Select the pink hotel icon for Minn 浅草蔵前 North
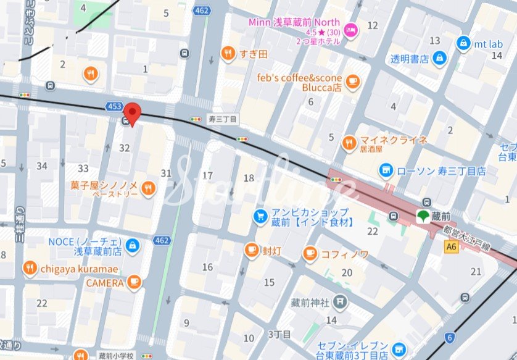point(350,30)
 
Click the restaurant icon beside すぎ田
point(228,54)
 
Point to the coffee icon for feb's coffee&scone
point(352,80)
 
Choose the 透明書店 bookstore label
point(410,59)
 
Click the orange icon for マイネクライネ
point(349,143)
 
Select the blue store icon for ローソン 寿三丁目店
point(386,169)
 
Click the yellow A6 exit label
point(452,246)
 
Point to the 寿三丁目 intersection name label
point(223,119)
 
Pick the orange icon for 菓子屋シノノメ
point(147,188)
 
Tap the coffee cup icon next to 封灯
point(251,250)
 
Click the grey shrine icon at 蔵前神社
point(340,301)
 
